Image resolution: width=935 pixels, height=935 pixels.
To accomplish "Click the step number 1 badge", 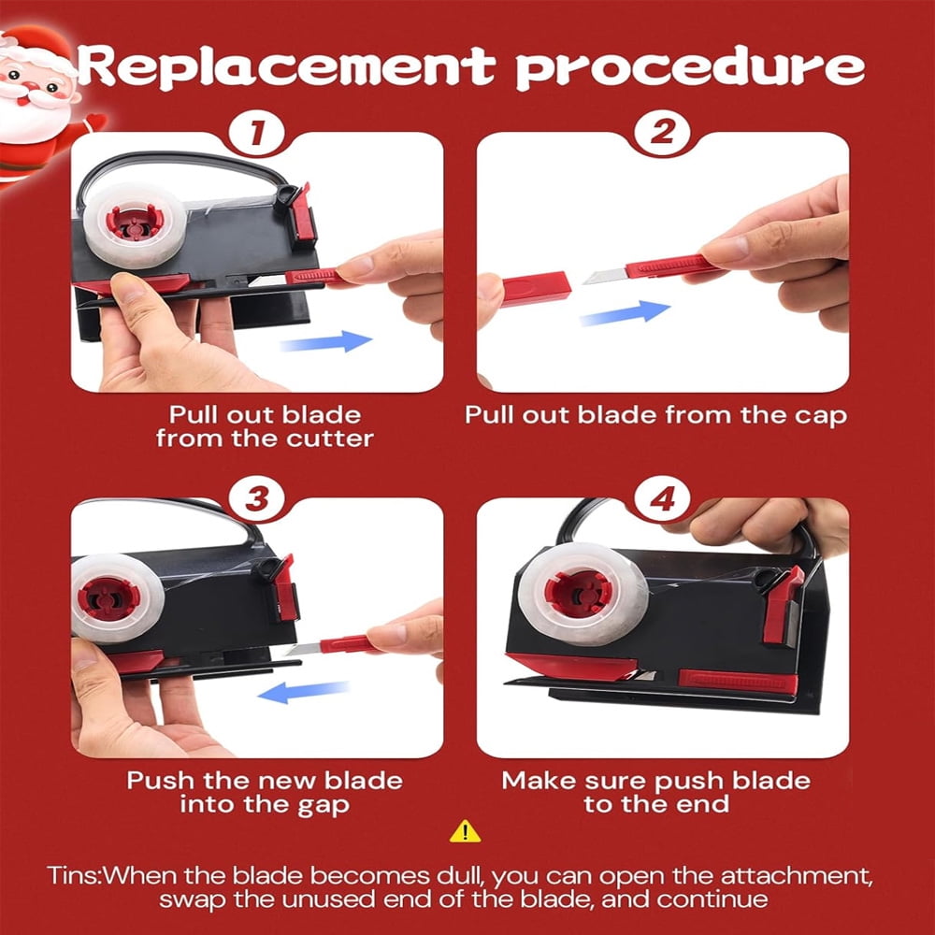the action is click(257, 132).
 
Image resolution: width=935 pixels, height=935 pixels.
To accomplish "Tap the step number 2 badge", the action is click(662, 132).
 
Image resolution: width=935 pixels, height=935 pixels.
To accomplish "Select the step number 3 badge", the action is click(257, 498).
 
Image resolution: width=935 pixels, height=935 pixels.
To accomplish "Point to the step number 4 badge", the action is click(662, 498).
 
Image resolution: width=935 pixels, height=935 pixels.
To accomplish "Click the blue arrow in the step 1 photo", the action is click(326, 341).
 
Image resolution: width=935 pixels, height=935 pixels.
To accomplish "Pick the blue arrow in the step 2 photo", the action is click(625, 313).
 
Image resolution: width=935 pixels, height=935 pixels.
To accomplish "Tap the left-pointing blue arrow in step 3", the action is click(304, 692).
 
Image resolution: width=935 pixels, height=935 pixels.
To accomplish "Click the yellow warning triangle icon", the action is click(465, 831).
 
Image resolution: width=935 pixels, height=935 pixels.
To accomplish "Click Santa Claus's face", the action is click(33, 83).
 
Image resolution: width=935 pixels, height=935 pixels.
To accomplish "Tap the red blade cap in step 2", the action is click(536, 289).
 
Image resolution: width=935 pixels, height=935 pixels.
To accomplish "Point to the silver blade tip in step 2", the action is click(603, 276).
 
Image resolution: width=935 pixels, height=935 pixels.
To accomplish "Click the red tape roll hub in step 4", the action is click(579, 594).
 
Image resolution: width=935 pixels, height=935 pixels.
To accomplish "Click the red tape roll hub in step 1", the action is click(135, 223).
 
